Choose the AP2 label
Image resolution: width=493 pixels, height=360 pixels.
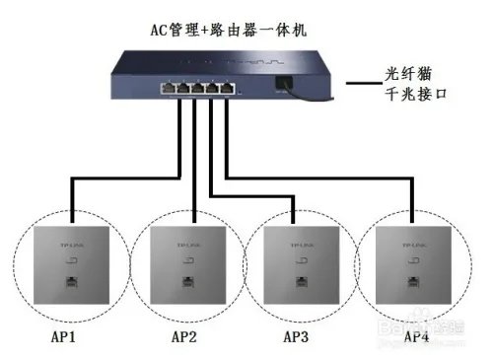(x=184, y=337)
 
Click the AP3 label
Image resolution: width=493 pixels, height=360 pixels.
(x=297, y=337)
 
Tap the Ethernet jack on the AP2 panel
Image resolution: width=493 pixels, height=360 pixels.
(x=187, y=283)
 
